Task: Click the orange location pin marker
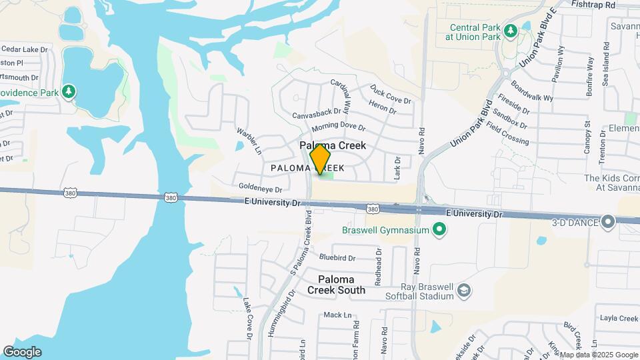321,159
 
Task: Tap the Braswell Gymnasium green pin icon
439,230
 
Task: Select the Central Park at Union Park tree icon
510,31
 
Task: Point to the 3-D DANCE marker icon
607,221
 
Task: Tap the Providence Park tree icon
69,91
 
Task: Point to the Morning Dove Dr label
339,127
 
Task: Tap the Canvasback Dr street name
317,115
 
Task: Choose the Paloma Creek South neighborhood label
336,285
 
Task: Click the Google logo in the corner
22,351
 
